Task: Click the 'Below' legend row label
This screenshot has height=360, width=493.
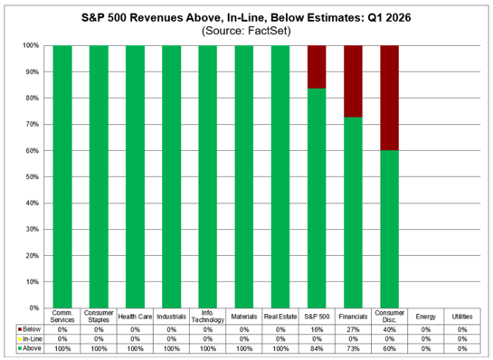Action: pos(29,330)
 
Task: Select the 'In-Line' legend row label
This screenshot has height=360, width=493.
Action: pos(30,339)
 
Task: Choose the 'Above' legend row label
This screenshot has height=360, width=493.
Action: pos(29,347)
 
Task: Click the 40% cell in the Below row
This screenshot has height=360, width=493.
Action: pos(389,330)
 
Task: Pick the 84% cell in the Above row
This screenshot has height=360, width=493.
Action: pos(317,347)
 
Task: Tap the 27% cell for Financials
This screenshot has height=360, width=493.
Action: pos(353,330)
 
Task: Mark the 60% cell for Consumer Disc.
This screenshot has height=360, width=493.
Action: pos(389,347)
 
